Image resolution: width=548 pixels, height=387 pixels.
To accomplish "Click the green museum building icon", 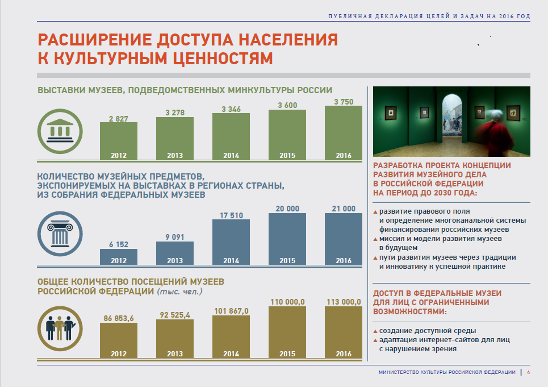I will point(59,130).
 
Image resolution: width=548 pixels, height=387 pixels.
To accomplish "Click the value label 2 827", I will point(118,118).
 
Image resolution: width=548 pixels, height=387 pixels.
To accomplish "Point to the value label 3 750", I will point(343,101).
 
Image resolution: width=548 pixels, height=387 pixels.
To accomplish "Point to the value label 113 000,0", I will point(343,302).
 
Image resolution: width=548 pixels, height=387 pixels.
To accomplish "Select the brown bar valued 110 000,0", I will point(287,332).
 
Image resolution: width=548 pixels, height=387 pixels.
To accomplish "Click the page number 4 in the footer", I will point(528,372).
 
